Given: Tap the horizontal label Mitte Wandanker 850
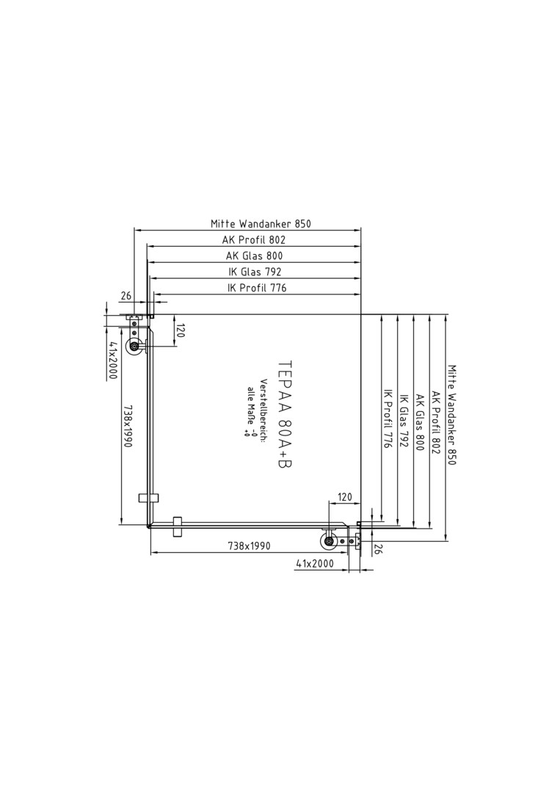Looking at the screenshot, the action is (x=261, y=223).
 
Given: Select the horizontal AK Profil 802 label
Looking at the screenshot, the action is (x=254, y=239).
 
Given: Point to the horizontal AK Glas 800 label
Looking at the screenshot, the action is (x=254, y=256).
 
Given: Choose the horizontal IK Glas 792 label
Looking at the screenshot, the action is (x=254, y=272).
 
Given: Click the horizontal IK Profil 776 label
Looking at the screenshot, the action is (x=257, y=288).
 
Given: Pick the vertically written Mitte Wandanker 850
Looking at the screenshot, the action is (x=452, y=415).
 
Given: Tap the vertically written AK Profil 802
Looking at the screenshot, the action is (x=436, y=422).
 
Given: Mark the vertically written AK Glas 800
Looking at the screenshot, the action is (x=420, y=422).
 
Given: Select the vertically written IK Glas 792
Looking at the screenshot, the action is (x=404, y=421).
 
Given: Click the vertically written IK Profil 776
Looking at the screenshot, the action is (x=388, y=419).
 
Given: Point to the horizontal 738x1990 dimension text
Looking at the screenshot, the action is (x=249, y=546).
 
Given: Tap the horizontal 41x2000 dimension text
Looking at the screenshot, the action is (x=315, y=563).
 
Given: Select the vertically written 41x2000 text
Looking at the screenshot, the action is (x=112, y=360).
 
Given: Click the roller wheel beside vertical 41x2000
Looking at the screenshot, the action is (x=134, y=347).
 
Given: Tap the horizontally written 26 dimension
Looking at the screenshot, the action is (x=126, y=296).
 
